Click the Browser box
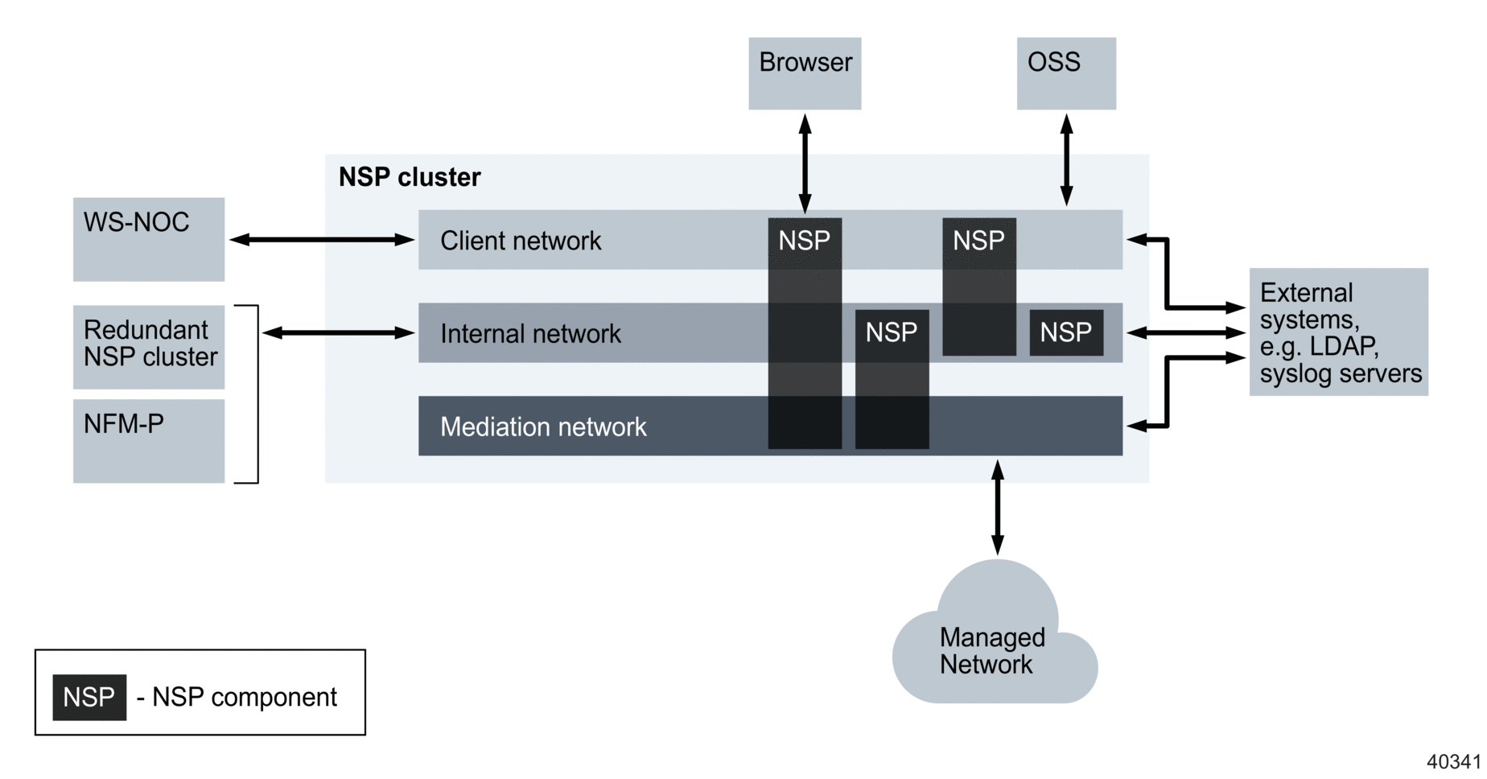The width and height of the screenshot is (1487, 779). pyautogui.click(x=804, y=73)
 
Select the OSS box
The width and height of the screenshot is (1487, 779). pyautogui.click(x=1065, y=73)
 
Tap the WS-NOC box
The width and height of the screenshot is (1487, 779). pyautogui.click(x=148, y=239)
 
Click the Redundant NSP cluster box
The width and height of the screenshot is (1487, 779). pyautogui.click(x=148, y=346)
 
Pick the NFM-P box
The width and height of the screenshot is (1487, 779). pyautogui.click(x=148, y=440)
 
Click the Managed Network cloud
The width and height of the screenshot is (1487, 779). pyautogui.click(x=995, y=644)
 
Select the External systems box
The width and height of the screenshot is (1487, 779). pyautogui.click(x=1337, y=332)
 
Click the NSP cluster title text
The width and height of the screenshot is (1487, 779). pyautogui.click(x=409, y=177)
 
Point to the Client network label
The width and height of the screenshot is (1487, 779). pyautogui.click(x=520, y=241)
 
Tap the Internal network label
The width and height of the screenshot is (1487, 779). pyautogui.click(x=529, y=333)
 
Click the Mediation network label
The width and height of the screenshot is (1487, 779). pyautogui.click(x=542, y=427)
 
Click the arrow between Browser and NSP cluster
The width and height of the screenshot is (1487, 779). pyautogui.click(x=805, y=163)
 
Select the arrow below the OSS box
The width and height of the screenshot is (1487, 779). pyautogui.click(x=1066, y=159)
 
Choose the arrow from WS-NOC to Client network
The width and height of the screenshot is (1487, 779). pyautogui.click(x=321, y=239)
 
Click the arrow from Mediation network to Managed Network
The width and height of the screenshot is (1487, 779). pyautogui.click(x=997, y=507)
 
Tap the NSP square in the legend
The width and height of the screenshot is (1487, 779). pyautogui.click(x=89, y=697)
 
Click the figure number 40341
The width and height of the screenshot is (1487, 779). pyautogui.click(x=1453, y=761)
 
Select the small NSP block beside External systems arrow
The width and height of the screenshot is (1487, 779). pyautogui.click(x=1065, y=332)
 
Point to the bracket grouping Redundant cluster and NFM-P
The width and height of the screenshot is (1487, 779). pyautogui.click(x=256, y=394)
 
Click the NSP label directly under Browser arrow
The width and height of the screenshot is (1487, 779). pyautogui.click(x=804, y=241)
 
